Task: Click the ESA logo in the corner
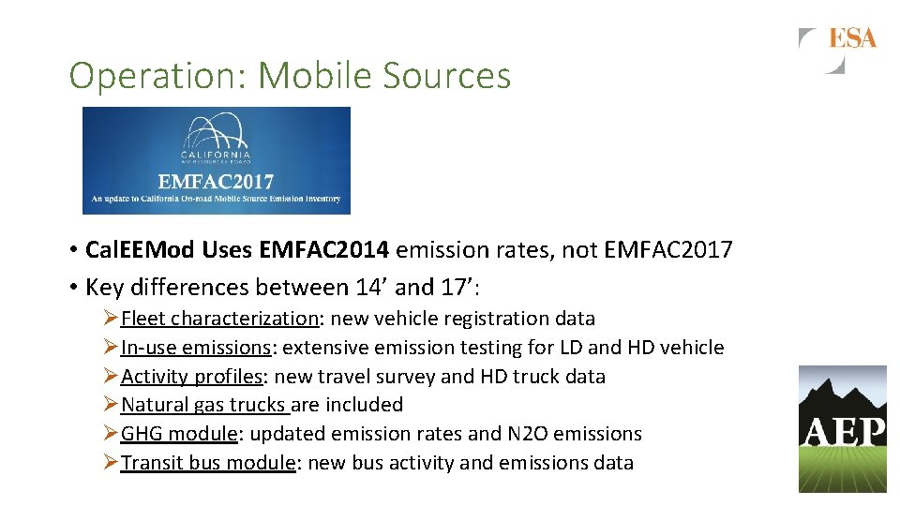pos(838,48)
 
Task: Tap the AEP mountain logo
pos(842,428)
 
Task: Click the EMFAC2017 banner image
pos(217,160)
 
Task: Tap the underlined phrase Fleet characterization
pos(220,319)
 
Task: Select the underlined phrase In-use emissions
pos(196,348)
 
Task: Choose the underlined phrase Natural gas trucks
pos(205,405)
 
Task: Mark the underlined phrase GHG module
pos(179,434)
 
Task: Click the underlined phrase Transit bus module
pos(208,463)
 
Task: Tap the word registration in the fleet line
pos(493,319)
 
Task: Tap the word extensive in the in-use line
pos(322,348)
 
